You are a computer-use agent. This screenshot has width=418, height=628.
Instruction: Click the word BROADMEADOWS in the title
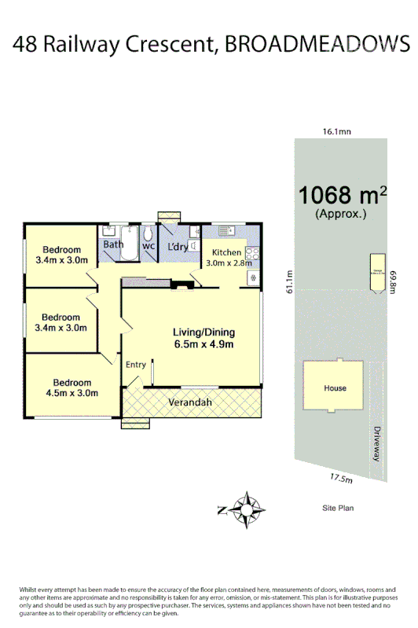coord(317,45)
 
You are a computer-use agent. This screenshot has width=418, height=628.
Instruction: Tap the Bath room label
coord(113,245)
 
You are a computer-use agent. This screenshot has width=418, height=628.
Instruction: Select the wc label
coord(148,245)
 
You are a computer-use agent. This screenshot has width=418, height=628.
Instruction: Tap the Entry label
coord(136,364)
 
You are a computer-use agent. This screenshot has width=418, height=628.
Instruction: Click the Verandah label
coord(192,403)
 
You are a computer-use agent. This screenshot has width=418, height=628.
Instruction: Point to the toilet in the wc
coord(148,233)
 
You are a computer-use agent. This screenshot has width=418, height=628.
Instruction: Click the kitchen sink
coord(228,230)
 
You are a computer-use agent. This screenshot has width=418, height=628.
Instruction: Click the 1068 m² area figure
coord(343,195)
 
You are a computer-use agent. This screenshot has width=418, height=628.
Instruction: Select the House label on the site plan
coord(335,388)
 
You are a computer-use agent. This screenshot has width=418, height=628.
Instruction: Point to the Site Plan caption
coord(338,509)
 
